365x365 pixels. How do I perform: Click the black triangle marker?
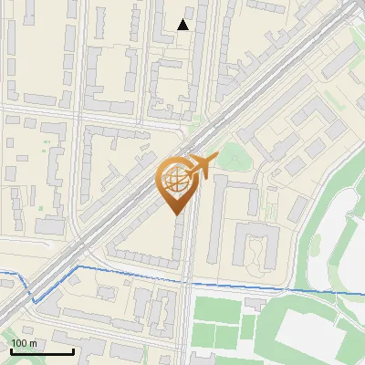pos(183,25)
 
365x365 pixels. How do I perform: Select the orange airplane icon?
pos(202,166)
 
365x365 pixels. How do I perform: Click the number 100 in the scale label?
pos(19,343)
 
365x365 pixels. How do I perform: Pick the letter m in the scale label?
pos(33,343)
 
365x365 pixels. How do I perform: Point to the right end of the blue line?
pos(364,294)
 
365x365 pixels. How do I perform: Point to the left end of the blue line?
pos(1,273)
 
